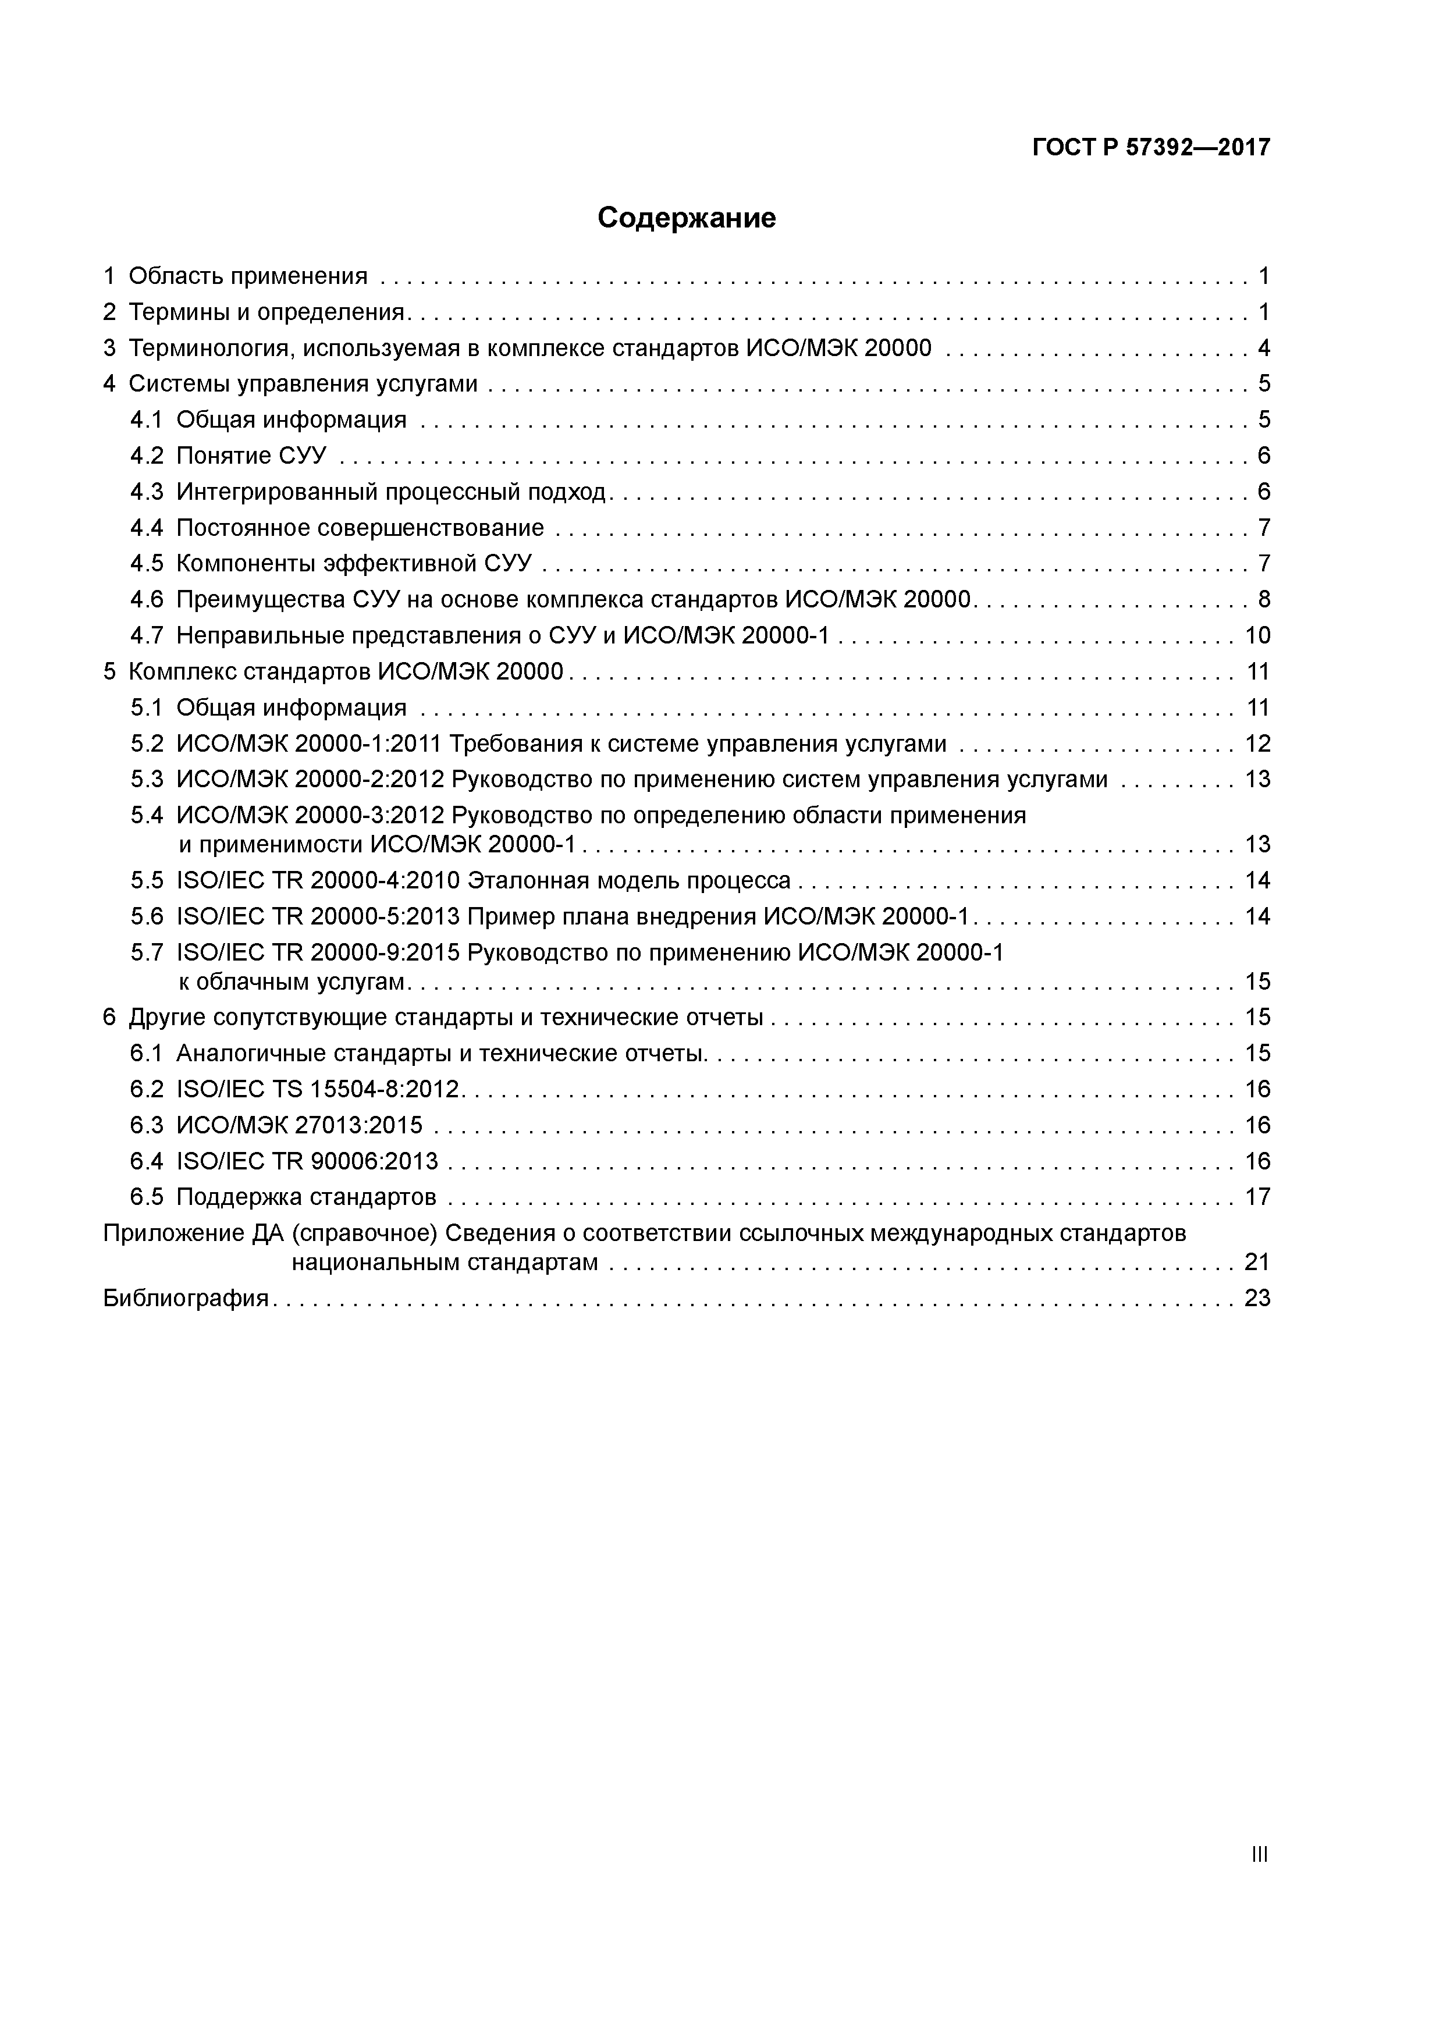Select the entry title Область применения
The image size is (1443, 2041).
point(247,276)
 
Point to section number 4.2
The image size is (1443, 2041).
point(147,456)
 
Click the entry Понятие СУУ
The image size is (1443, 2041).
point(251,456)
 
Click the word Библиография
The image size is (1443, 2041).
point(186,1299)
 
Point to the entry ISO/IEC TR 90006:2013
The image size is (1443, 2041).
point(308,1162)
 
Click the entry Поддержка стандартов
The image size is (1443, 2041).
point(306,1197)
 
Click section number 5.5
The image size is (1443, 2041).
point(147,881)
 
